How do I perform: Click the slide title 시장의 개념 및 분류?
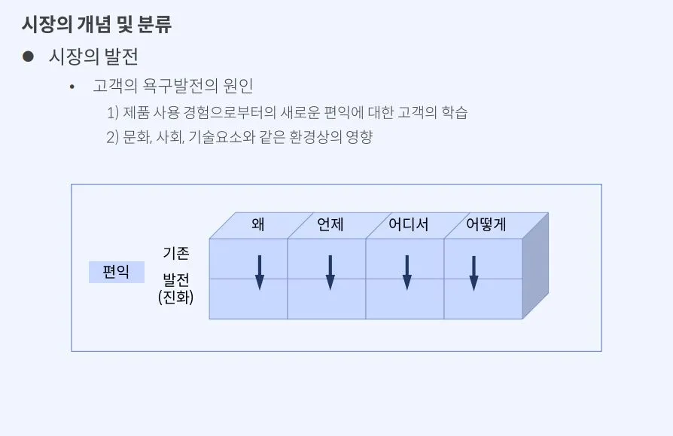96,24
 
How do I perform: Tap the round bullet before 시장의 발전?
29,56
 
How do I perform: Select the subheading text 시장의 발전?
93,56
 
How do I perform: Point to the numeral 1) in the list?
113,113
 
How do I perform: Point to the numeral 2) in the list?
113,137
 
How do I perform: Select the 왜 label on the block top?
259,224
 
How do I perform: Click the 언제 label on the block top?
330,224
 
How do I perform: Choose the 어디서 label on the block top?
409,224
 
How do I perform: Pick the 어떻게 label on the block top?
486,224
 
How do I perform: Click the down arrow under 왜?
260,272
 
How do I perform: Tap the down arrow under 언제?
330,272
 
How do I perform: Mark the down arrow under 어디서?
407,272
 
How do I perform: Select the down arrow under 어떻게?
474,272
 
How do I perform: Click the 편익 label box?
116,272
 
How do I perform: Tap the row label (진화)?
176,297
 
